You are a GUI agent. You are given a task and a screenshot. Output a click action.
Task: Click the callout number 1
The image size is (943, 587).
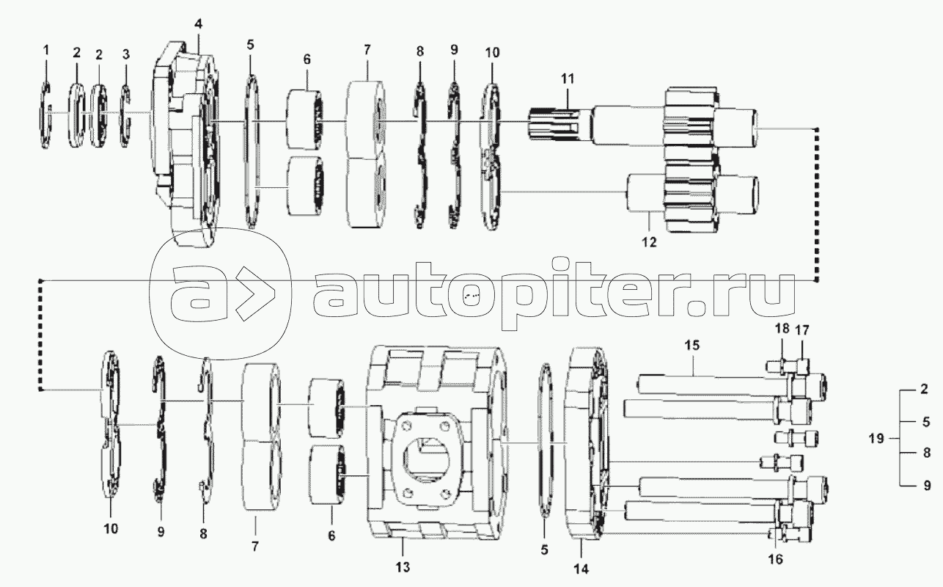click(46, 50)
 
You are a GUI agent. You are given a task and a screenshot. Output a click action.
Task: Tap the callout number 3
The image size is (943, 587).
click(125, 54)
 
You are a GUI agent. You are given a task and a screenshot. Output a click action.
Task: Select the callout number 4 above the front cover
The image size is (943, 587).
click(198, 24)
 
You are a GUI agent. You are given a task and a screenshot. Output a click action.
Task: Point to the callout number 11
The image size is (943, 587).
click(568, 78)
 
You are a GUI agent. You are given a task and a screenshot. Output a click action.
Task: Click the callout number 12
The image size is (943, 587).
click(650, 241)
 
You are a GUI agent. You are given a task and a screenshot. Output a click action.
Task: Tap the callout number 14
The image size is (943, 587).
click(581, 568)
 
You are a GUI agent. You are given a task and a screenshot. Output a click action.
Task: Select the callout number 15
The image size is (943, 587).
click(693, 344)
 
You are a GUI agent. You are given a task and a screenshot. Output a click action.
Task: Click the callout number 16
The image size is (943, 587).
click(776, 559)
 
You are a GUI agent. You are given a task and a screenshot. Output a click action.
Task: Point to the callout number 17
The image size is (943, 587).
click(803, 329)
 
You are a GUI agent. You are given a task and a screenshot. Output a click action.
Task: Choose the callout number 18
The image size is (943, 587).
click(782, 329)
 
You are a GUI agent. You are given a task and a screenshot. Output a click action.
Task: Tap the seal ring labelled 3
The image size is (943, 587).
click(125, 115)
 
